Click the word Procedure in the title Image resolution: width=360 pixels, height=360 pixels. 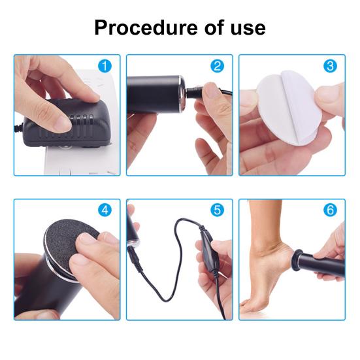pos(146,28)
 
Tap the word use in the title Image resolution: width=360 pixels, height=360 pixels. pos(248,28)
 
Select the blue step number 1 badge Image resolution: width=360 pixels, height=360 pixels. pos(105,67)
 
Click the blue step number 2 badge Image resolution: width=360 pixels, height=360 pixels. pos(217,67)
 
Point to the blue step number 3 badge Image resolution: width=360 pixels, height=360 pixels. pos(330,67)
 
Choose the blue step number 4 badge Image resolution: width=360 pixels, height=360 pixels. pos(105,210)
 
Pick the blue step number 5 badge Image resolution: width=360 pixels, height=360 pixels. pos(217,210)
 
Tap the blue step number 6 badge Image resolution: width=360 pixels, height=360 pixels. pos(330,210)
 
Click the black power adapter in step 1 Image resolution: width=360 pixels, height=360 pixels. pos(69,125)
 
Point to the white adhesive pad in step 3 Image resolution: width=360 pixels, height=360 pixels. pos(286,108)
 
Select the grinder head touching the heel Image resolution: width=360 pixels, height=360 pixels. pos(296,260)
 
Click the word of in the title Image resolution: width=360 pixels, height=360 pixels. pos(214,28)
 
